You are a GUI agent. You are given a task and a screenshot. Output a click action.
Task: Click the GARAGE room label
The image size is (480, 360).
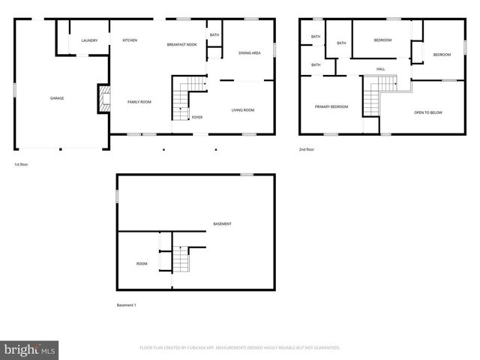(x=56, y=98)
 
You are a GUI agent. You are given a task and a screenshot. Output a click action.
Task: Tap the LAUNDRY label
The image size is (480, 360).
(x=89, y=40)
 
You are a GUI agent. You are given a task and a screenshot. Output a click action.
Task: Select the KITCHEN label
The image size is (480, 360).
(x=130, y=40)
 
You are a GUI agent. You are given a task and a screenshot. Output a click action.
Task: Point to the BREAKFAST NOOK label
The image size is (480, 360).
(x=181, y=45)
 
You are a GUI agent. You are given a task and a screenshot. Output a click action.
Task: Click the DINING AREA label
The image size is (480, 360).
(x=249, y=53)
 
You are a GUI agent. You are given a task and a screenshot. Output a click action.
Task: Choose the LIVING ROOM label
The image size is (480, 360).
(x=242, y=110)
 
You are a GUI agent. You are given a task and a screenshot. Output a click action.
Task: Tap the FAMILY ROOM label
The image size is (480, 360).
(x=139, y=101)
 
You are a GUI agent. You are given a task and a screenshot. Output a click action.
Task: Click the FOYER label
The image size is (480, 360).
(x=196, y=117)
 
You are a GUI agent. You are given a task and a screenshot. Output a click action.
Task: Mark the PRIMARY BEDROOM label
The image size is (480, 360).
(x=331, y=106)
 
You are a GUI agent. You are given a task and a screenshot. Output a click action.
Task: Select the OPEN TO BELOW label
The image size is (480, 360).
(x=428, y=112)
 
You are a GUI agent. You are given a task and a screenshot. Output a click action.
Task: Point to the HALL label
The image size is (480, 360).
(x=381, y=69)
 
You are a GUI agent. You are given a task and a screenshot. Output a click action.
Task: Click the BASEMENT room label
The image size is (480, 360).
(x=222, y=224)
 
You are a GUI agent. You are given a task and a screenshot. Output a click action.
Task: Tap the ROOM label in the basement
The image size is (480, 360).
(x=142, y=263)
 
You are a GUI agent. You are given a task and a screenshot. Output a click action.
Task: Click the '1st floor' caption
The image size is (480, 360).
(x=22, y=164)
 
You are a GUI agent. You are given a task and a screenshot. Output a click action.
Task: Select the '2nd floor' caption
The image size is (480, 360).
(x=307, y=149)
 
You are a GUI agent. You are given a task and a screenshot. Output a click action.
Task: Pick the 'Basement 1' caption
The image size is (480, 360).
(x=126, y=305)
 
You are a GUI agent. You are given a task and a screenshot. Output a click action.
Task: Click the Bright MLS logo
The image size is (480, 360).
(x=30, y=349)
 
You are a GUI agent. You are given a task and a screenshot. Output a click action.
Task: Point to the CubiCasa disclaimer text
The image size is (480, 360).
(x=240, y=348)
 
